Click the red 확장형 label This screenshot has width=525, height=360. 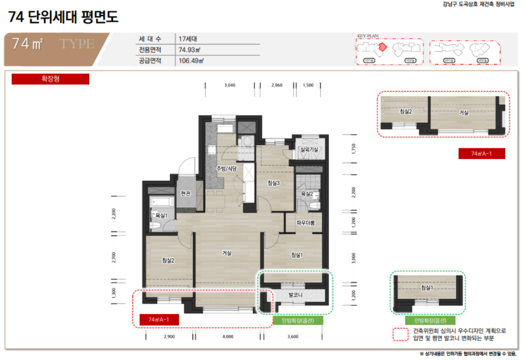point(50,78)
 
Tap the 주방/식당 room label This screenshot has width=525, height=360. point(226,168)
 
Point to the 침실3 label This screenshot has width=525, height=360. point(274,183)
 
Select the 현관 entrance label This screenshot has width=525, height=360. point(185,193)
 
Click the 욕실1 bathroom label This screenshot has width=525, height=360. point(161,215)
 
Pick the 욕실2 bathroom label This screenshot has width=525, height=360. point(307,194)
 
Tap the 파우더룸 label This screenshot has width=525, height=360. point(306,223)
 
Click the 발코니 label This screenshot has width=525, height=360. point(295,295)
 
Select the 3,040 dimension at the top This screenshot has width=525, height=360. point(230,85)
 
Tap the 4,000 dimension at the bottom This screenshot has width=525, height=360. point(228,336)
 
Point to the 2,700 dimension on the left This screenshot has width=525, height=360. point(114,257)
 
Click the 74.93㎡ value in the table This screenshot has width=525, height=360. point(190,50)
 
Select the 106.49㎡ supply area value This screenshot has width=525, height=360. point(191,61)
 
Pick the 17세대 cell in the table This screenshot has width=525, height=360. point(186,39)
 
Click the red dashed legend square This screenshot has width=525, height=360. point(400,334)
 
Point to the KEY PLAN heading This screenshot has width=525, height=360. point(367,36)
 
